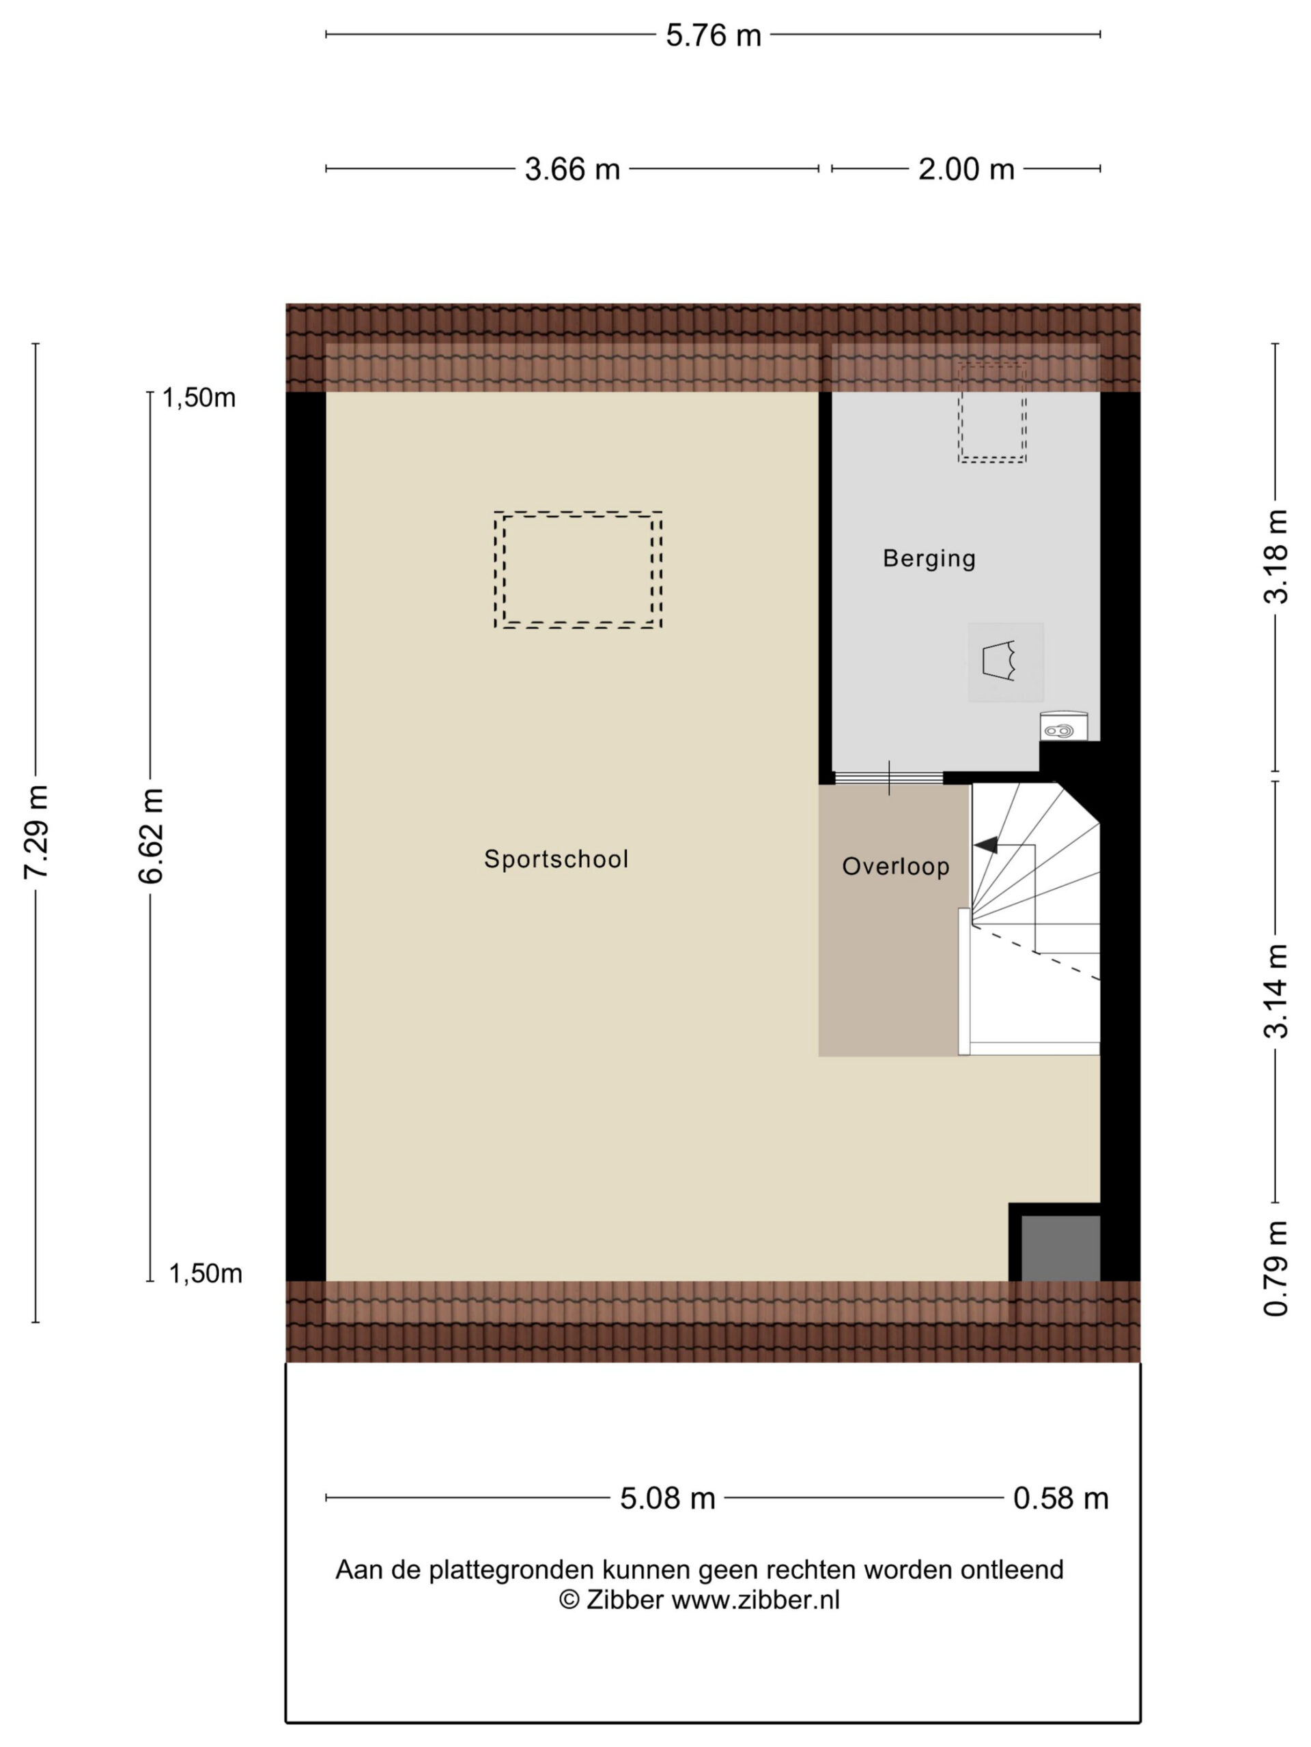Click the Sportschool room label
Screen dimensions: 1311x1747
tap(556, 858)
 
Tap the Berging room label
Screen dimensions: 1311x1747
tap(929, 558)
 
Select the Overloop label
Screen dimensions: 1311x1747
tap(895, 867)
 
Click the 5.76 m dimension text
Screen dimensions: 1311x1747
tap(713, 35)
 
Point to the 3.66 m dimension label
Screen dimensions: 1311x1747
tap(572, 169)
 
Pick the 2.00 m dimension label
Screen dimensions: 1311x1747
tap(965, 169)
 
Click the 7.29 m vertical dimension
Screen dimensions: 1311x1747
tap(36, 832)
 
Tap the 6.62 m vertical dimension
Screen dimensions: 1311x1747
tap(150, 835)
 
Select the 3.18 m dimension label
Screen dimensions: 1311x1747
tap(1275, 557)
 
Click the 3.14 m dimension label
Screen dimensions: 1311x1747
tap(1275, 991)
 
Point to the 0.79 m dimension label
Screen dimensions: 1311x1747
tap(1275, 1269)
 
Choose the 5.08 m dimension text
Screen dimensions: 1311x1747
tap(667, 1498)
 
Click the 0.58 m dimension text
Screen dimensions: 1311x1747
tap(1060, 1498)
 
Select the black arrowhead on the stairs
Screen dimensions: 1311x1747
tap(985, 845)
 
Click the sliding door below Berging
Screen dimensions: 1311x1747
tap(889, 778)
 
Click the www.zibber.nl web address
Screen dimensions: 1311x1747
tap(755, 1600)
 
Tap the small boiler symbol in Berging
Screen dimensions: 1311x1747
tap(1063, 727)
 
